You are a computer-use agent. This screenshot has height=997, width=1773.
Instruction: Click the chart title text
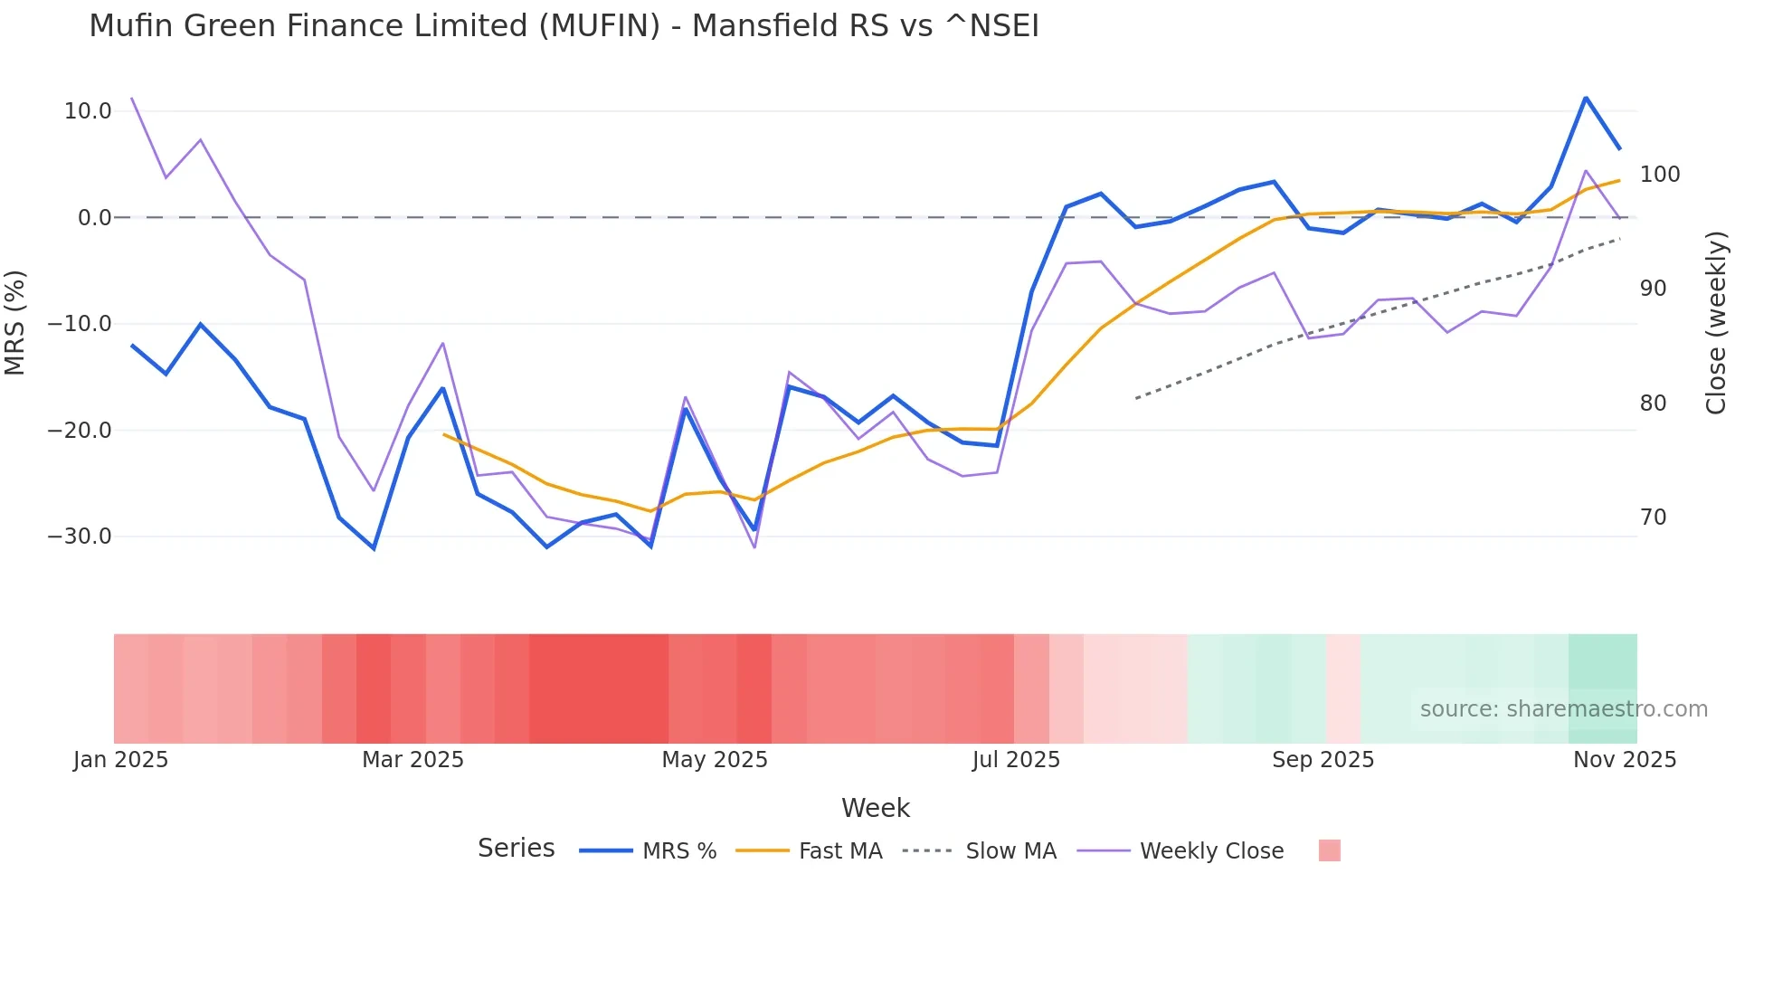point(564,26)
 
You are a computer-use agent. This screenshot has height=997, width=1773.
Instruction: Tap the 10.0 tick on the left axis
point(88,111)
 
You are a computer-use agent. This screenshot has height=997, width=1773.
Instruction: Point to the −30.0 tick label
point(80,536)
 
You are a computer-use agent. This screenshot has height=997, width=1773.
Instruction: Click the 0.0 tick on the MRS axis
point(95,218)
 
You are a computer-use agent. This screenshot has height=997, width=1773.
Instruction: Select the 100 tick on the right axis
point(1659,175)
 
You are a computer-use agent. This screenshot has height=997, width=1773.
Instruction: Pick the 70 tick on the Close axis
point(1653,517)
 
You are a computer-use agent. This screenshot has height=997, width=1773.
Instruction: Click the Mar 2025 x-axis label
point(412,760)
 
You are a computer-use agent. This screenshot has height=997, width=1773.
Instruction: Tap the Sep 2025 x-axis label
point(1323,760)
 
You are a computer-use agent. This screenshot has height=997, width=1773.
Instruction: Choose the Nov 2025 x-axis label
point(1624,760)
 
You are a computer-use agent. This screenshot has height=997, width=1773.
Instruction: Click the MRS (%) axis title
point(15,323)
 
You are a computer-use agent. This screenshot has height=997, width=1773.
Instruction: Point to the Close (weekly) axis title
point(1716,323)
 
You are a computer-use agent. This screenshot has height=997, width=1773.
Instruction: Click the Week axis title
point(875,808)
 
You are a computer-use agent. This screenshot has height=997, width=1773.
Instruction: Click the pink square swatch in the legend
point(1329,850)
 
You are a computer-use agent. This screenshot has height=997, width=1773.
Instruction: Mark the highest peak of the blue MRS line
point(1586,98)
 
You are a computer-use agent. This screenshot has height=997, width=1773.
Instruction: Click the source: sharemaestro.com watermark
point(1563,709)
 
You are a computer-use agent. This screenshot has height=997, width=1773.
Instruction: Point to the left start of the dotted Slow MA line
point(1136,398)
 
